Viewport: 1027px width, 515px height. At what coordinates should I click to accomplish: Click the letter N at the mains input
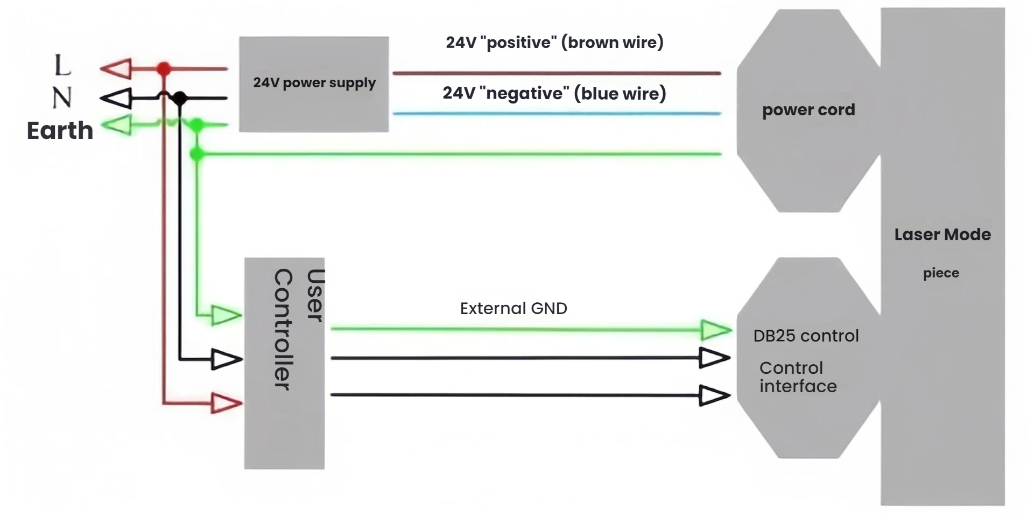click(62, 98)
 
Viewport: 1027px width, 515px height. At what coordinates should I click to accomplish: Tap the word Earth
click(60, 131)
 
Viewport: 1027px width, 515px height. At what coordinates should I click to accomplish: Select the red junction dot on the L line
click(164, 69)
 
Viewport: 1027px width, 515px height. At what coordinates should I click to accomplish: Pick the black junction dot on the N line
click(180, 99)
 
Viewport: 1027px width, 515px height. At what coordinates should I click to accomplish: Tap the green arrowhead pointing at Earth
click(118, 125)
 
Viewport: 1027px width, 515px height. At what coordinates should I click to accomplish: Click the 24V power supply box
click(314, 84)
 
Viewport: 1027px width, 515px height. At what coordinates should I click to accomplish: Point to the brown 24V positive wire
click(556, 73)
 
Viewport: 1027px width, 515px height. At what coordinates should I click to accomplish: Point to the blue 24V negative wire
click(556, 114)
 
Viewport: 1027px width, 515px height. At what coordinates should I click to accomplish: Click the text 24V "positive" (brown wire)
click(554, 43)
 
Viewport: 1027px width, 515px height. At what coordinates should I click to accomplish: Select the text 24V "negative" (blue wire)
click(554, 93)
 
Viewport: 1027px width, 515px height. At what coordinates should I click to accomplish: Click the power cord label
click(808, 110)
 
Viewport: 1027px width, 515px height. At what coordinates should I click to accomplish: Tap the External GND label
click(513, 308)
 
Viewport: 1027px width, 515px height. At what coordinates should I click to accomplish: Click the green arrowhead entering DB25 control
click(715, 330)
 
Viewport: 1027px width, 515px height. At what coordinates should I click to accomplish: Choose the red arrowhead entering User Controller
click(226, 403)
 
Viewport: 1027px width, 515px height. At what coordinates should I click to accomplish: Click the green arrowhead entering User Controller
click(226, 315)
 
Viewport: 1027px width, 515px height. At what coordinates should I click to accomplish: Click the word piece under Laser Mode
click(940, 273)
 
